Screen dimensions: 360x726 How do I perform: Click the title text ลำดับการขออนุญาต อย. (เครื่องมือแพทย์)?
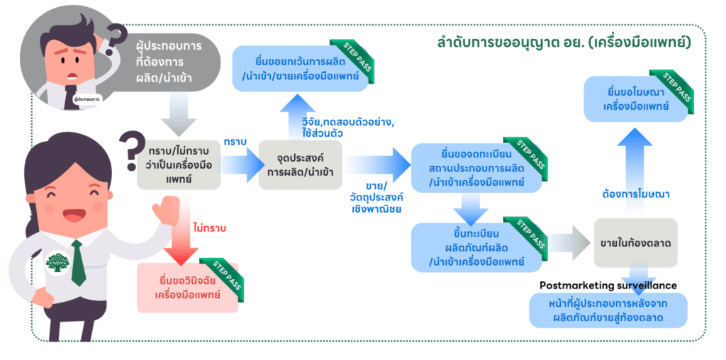[564, 43]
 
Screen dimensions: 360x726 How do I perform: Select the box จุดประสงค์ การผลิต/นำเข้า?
[301, 164]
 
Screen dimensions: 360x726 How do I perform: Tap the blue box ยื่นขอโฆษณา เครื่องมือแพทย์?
[635, 99]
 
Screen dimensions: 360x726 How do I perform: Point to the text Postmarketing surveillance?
[608, 285]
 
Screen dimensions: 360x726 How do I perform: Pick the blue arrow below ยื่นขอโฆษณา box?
[635, 152]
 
